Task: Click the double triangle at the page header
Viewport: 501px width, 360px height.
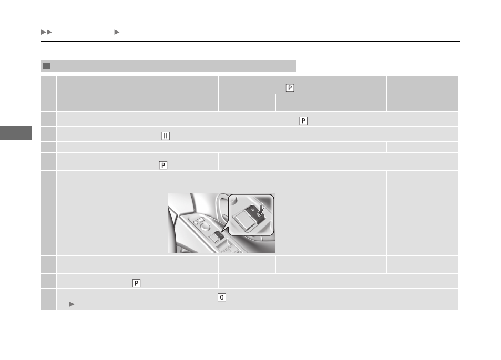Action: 46,32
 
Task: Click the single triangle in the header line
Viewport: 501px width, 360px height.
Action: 117,32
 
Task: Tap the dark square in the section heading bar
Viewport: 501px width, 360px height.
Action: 47,66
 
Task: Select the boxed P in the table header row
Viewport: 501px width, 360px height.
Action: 290,88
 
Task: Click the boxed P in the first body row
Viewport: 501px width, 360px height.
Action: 303,121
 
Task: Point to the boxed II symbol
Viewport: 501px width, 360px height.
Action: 166,136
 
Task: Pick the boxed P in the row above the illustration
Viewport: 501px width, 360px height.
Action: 163,165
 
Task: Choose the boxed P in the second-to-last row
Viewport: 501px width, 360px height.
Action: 137,283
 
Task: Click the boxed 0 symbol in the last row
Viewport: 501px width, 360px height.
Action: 222,297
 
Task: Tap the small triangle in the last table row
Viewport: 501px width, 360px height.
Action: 72,304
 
